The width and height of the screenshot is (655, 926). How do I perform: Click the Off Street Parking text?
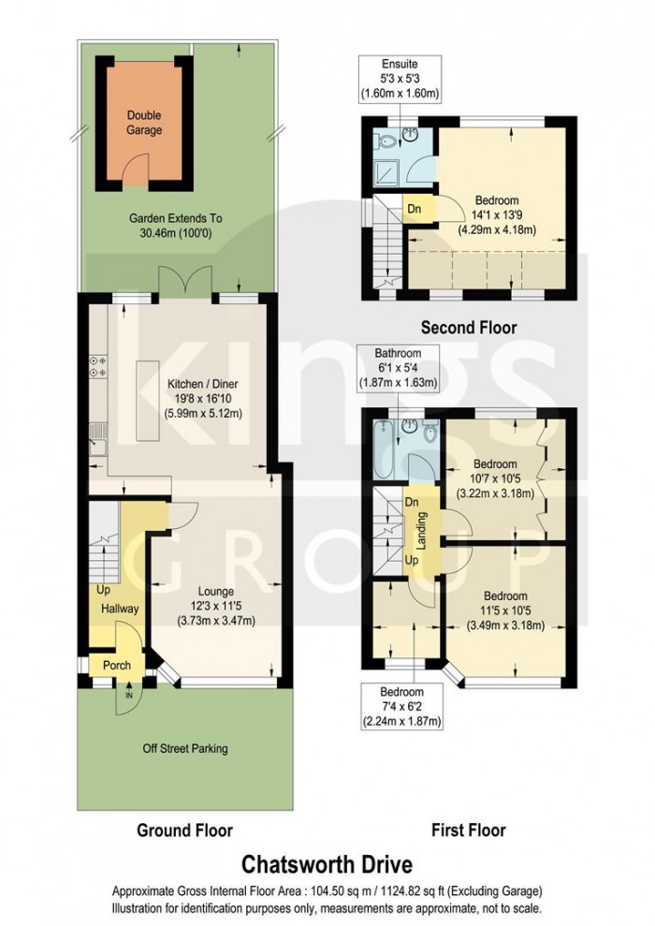pyautogui.click(x=184, y=748)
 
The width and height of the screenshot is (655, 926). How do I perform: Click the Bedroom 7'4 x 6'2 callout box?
pyautogui.click(x=401, y=706)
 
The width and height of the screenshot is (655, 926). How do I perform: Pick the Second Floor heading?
pyautogui.click(x=468, y=328)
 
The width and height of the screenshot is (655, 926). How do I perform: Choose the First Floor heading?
pyautogui.click(x=468, y=830)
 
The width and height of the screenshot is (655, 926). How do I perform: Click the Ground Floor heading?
pyautogui.click(x=184, y=830)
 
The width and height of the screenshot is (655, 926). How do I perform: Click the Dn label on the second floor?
pyautogui.click(x=415, y=209)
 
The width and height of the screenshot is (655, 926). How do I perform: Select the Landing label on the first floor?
pyautogui.click(x=421, y=530)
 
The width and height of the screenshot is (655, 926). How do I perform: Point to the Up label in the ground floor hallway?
pyautogui.click(x=102, y=591)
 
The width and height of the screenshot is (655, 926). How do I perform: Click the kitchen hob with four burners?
pyautogui.click(x=97, y=366)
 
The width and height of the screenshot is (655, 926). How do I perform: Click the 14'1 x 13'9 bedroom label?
pyautogui.click(x=495, y=216)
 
